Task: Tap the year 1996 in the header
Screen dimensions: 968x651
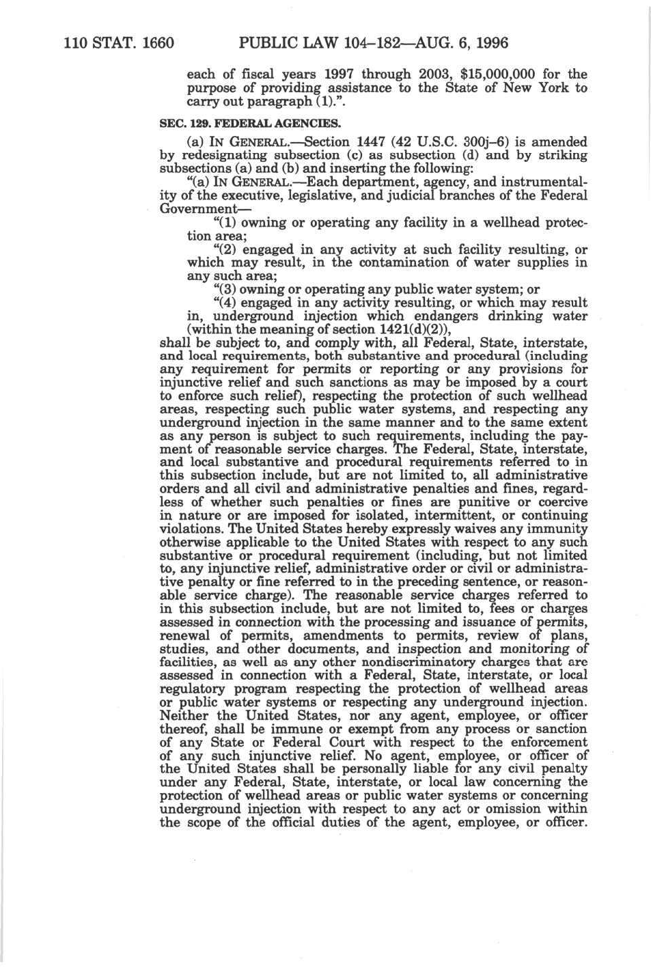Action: (490, 43)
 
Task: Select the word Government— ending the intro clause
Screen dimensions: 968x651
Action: (194, 208)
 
